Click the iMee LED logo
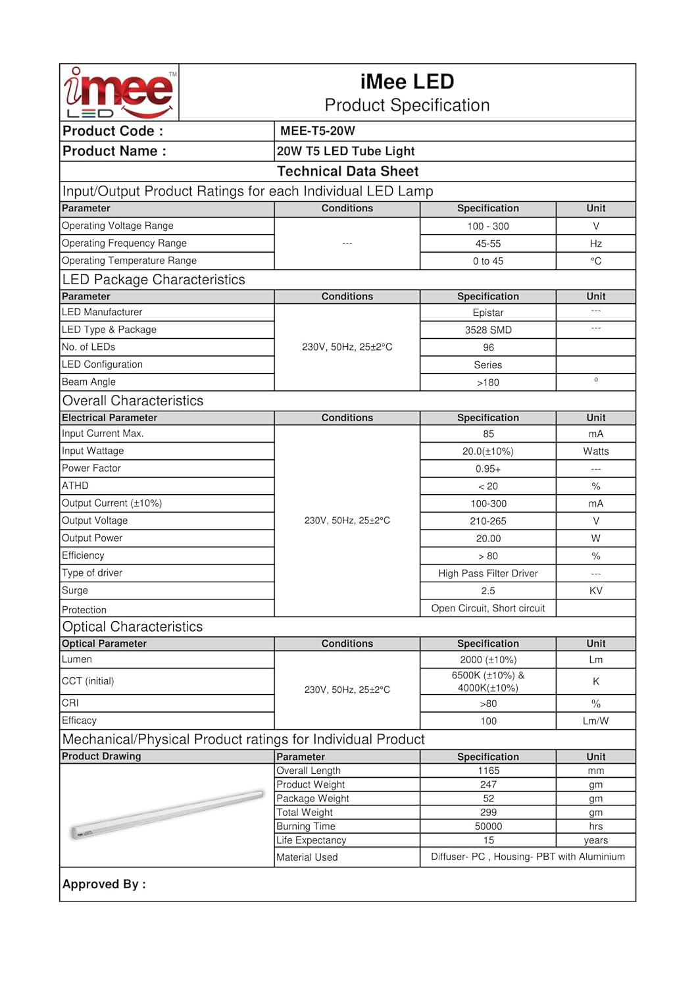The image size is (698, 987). tap(119, 93)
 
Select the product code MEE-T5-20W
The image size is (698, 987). tap(317, 131)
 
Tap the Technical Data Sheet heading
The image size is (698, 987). tap(347, 172)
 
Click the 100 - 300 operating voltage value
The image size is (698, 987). tap(487, 226)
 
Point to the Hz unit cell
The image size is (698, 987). tap(595, 243)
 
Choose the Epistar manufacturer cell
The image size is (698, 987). tap(487, 313)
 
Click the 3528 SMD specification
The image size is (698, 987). tap(487, 330)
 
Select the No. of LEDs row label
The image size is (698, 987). tap(89, 347)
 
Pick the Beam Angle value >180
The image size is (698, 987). tap(487, 382)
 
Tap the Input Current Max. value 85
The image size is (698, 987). tap(488, 434)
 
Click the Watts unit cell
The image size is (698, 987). tap(595, 451)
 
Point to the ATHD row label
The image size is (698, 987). tap(76, 486)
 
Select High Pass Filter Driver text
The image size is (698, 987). tap(487, 573)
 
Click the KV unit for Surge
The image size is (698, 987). tap(595, 591)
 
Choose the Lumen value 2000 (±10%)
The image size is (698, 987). tap(487, 660)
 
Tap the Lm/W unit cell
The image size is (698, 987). tap(595, 721)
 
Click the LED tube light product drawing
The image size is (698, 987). tap(167, 815)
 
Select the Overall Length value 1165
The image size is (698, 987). tap(488, 771)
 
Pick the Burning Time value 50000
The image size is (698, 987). tap(488, 826)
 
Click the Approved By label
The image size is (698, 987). tap(104, 884)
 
